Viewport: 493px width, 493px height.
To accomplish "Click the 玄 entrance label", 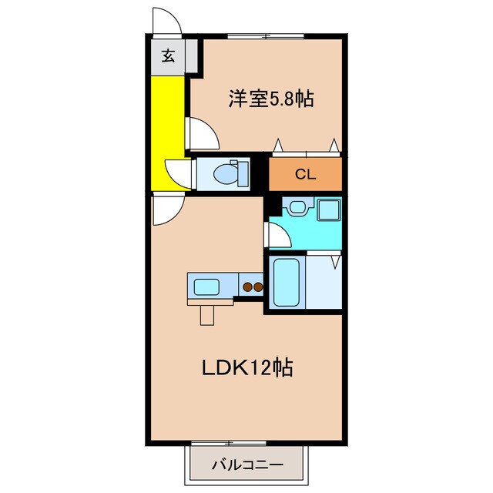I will [x=167, y=55].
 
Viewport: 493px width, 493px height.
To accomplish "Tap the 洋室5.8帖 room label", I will [x=270, y=99].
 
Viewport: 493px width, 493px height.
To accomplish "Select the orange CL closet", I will [x=305, y=174].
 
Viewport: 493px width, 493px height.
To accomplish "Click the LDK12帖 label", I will [x=246, y=368].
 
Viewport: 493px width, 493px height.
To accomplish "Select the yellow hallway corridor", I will [x=167, y=131].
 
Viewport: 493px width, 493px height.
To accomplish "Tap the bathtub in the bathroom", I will [x=286, y=283].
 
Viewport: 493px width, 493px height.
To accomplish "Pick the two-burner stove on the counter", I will [x=253, y=288].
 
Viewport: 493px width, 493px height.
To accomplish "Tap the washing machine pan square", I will [x=329, y=210].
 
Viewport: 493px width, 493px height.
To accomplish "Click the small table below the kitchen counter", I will [x=207, y=313].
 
